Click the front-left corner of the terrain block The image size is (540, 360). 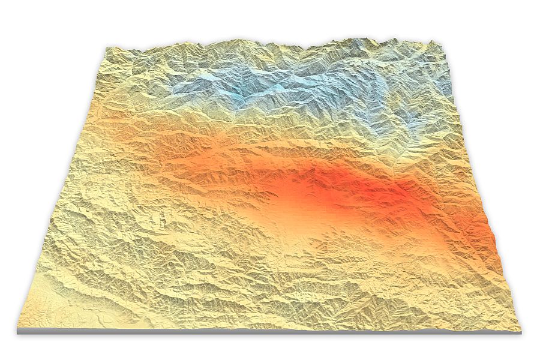click(x=19, y=329)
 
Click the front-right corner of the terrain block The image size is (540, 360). click(x=520, y=329)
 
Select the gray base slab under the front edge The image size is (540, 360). click(x=270, y=331)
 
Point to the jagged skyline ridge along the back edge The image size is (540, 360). click(x=270, y=44)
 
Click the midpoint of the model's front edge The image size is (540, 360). click(x=270, y=327)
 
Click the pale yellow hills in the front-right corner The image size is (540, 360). click(x=456, y=300)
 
